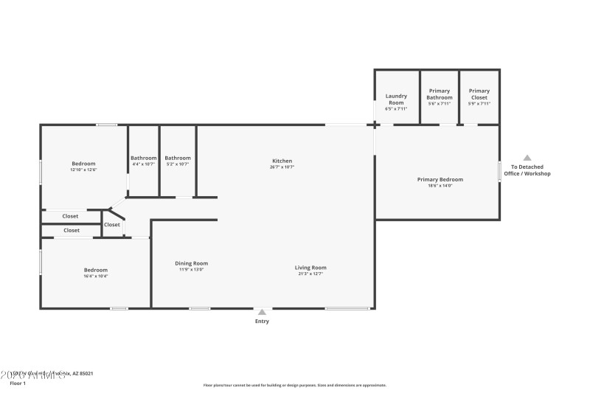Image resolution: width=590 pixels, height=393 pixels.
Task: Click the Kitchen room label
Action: coord(282,161)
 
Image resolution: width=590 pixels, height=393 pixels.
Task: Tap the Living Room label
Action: coord(310,268)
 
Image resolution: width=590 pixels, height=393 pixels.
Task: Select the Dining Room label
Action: coord(191,263)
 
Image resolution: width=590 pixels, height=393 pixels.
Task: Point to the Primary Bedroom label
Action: coord(440,179)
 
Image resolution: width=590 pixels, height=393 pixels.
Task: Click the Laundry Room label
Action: coord(396,100)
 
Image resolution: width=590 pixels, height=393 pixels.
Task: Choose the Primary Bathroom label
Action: coord(440,94)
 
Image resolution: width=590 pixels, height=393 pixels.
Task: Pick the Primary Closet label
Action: coord(479,94)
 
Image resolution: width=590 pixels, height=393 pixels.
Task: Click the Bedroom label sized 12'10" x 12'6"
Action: coord(84,164)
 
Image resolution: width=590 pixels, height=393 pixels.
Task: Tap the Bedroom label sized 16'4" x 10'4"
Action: coord(96,270)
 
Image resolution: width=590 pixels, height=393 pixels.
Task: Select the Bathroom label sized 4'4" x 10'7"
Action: coord(144,158)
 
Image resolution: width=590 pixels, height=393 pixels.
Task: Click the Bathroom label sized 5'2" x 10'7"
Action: coord(178,158)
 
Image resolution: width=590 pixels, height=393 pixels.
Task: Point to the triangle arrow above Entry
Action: coord(262,312)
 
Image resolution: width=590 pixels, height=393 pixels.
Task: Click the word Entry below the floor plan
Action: coord(262,321)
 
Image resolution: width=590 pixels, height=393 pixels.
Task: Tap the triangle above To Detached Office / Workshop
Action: coord(527,158)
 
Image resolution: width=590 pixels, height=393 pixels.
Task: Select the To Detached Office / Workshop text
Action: coord(527,170)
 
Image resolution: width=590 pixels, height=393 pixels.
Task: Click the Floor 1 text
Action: coord(18,383)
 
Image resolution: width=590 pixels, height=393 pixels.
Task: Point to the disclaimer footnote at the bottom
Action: coord(294,385)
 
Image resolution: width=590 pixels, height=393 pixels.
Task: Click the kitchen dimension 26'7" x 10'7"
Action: coord(282,167)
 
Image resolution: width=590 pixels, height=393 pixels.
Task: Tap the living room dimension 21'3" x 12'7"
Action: coord(310,274)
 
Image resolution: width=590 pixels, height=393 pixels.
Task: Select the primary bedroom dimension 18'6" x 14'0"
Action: coord(440,186)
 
